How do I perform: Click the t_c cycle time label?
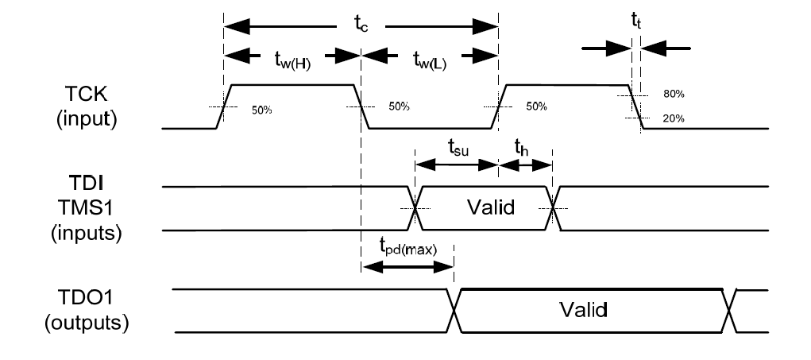coord(361,23)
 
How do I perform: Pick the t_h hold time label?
coord(520,148)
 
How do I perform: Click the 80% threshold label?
coord(674,94)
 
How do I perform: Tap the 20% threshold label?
coord(674,119)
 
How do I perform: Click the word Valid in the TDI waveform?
coord(483,208)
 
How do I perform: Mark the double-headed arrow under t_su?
coord(456,165)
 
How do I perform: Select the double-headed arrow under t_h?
coord(525,165)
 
